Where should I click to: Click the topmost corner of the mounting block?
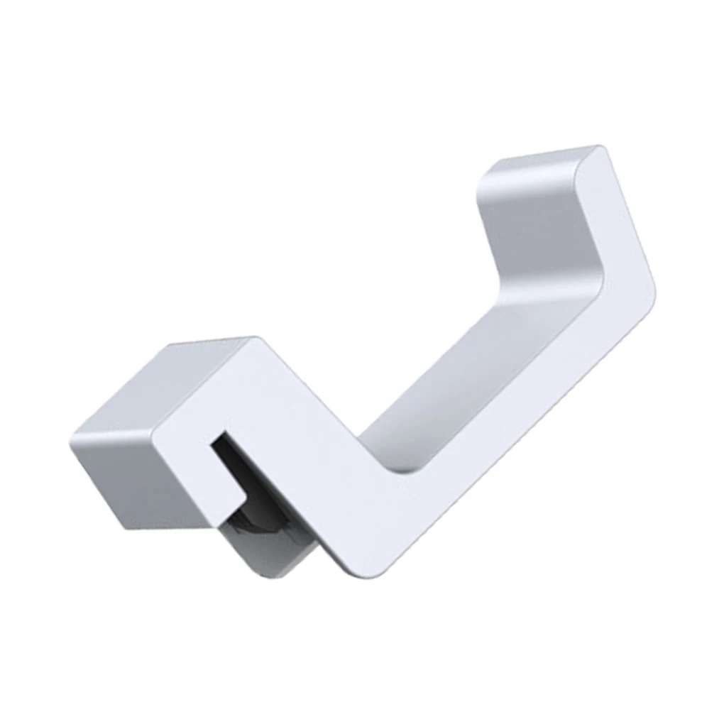coord(250,339)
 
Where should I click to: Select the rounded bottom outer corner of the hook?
coord(348,571)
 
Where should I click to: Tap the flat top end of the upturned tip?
coord(539,160)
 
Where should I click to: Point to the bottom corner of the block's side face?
coord(128,529)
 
